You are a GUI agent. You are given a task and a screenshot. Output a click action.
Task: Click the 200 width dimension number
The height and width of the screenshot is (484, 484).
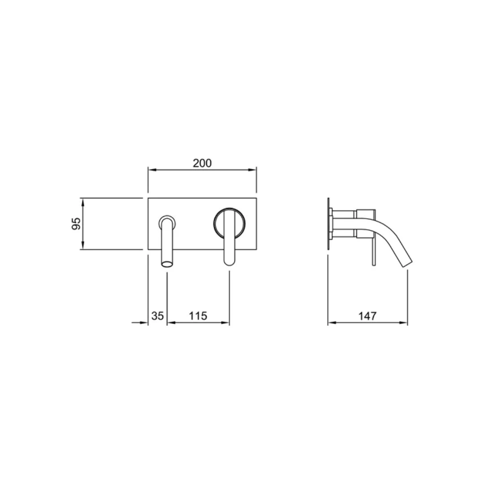tap(202, 163)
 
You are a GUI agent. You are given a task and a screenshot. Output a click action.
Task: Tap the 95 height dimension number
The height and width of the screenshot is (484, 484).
tap(76, 224)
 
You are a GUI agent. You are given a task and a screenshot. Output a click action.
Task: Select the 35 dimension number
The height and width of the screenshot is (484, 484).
tap(157, 316)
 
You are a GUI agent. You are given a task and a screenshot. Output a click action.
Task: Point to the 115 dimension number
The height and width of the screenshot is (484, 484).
tap(198, 316)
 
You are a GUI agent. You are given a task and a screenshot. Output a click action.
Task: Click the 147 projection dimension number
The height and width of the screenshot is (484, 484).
tap(367, 316)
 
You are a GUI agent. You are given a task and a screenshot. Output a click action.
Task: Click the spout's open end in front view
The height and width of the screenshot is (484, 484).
tap(167, 264)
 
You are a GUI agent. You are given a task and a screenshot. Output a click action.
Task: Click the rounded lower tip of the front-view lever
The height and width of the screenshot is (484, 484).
tap(229, 262)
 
